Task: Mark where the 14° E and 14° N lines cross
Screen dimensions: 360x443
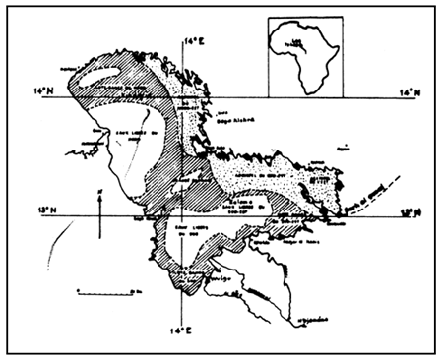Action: point(186,97)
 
